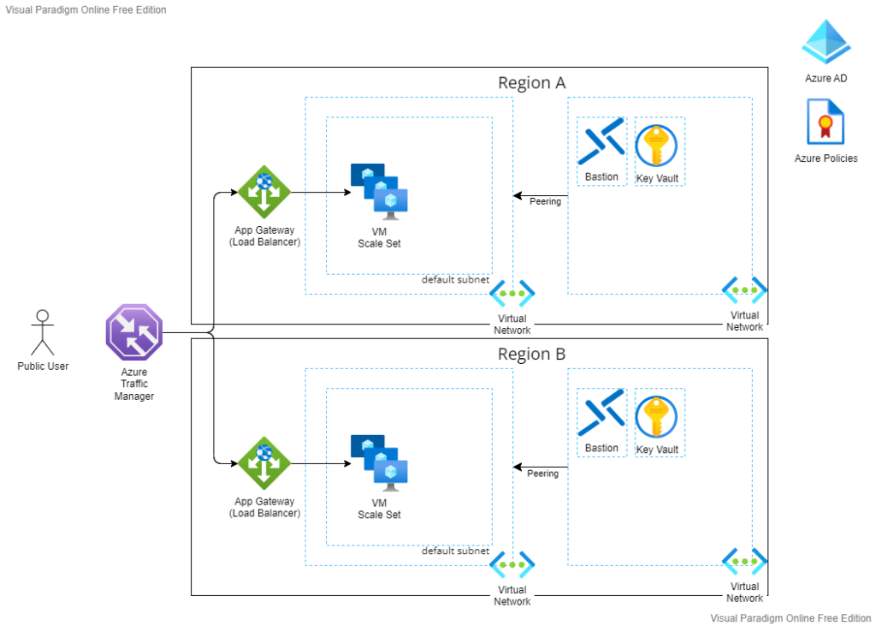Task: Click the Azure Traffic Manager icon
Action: point(133,332)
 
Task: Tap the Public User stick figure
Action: point(42,332)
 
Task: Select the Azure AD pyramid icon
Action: point(826,43)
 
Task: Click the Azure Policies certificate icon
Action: point(826,122)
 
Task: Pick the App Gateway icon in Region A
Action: point(264,193)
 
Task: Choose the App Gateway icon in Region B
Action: point(264,463)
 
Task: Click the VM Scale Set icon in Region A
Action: point(379,188)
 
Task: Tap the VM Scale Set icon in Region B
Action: point(379,459)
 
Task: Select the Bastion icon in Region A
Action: point(601,144)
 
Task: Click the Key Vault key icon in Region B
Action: point(656,416)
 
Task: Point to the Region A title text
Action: point(531,83)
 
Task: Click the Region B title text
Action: point(531,355)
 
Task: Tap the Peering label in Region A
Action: point(545,202)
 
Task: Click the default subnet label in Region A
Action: point(455,280)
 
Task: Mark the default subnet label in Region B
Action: point(455,551)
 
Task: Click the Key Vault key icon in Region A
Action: point(656,145)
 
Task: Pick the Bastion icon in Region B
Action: point(601,414)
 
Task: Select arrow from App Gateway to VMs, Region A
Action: point(320,193)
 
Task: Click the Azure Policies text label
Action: point(826,158)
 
